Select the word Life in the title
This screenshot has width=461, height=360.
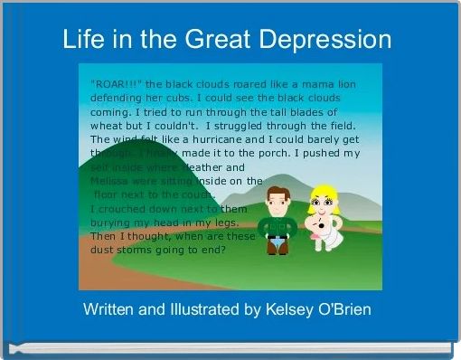[81, 40]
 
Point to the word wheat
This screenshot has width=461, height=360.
[108, 126]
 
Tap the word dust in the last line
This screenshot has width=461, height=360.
[103, 250]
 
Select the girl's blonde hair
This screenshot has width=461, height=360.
[323, 192]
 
